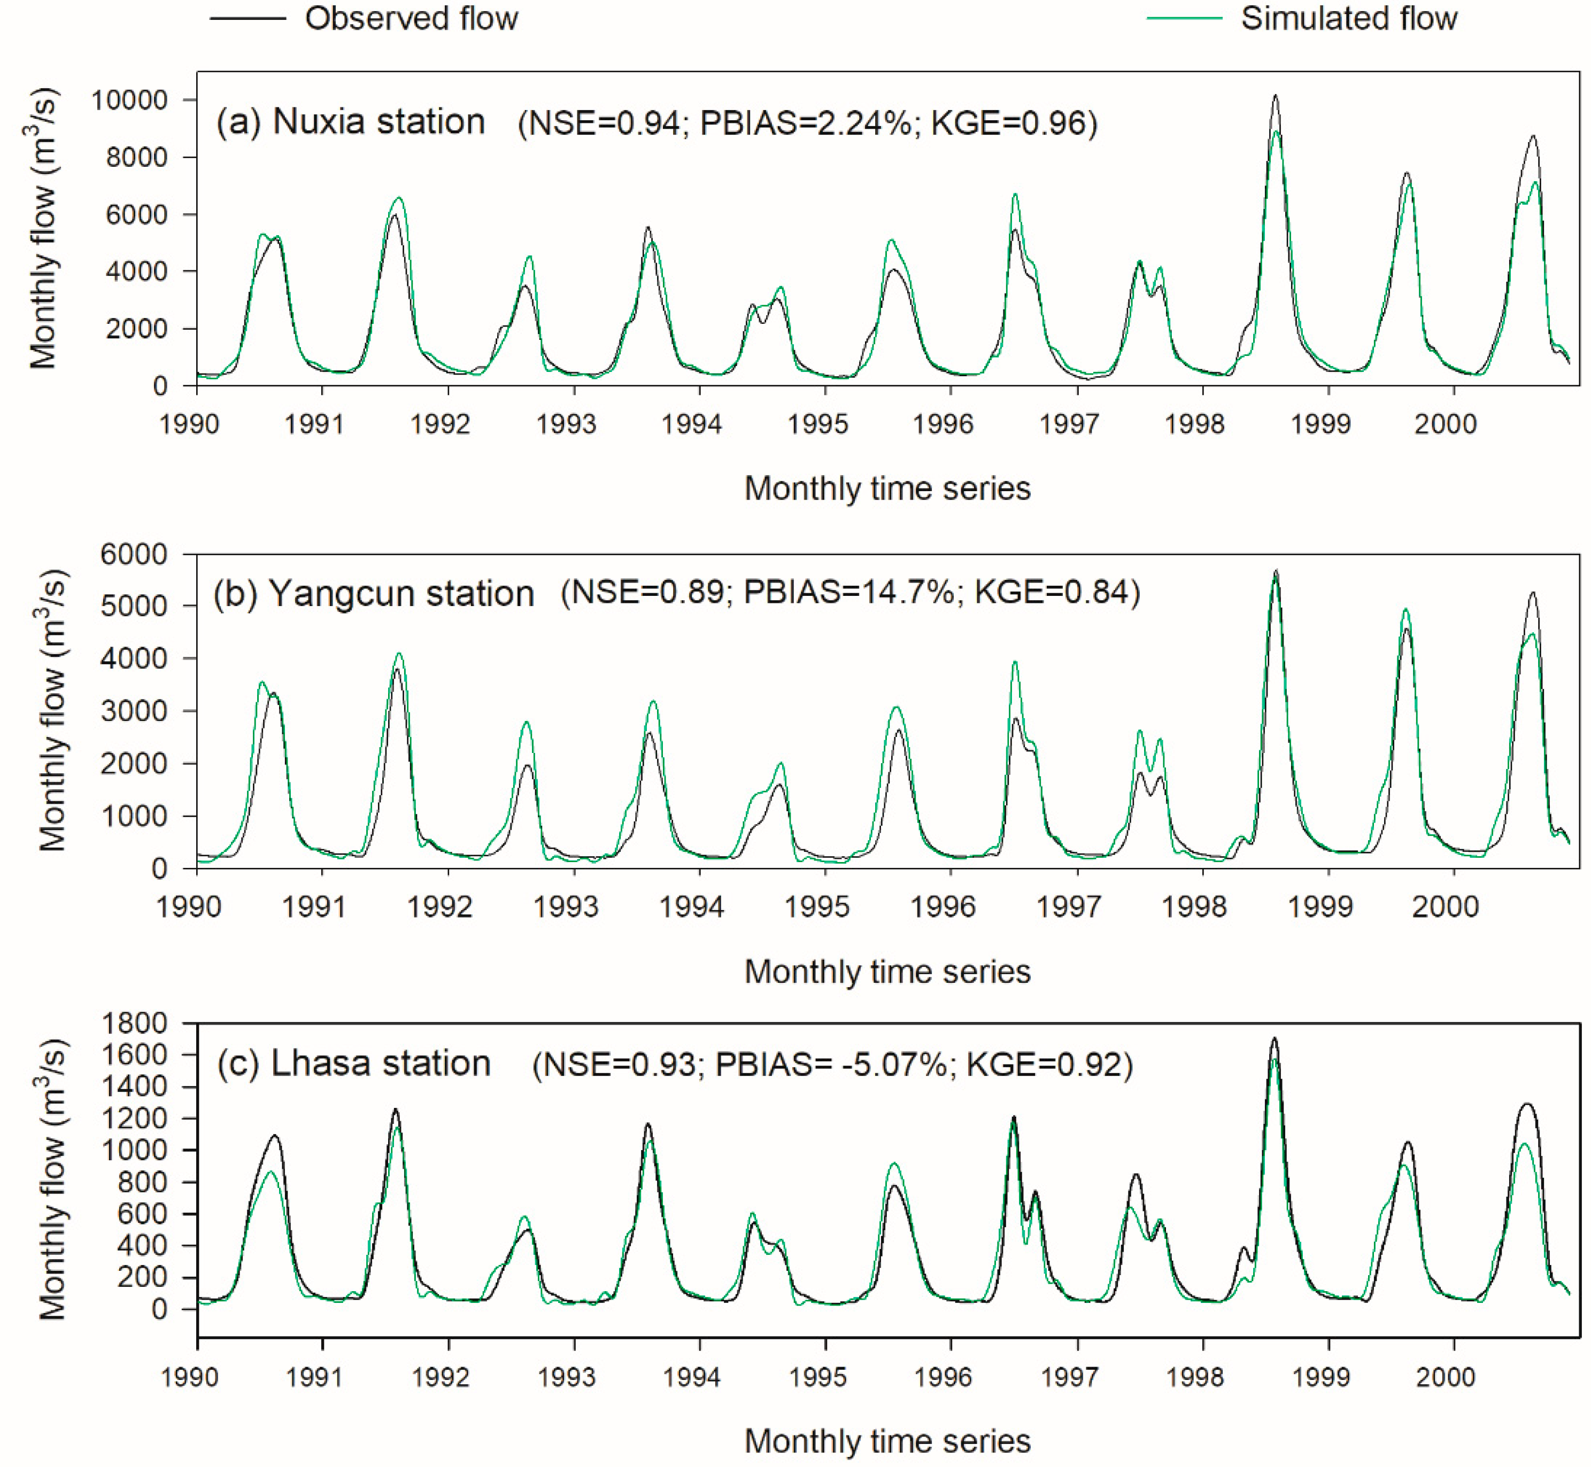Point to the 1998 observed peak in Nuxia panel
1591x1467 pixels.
[x=1275, y=96]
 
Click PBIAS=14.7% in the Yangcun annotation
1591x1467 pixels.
[x=848, y=592]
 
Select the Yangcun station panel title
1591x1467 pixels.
[x=373, y=594]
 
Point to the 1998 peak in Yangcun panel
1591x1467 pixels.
[x=1275, y=571]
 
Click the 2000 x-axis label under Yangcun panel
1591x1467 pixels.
[x=1445, y=906]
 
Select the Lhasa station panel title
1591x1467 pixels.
[x=353, y=1064]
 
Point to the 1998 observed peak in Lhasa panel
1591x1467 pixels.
[x=1274, y=1038]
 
